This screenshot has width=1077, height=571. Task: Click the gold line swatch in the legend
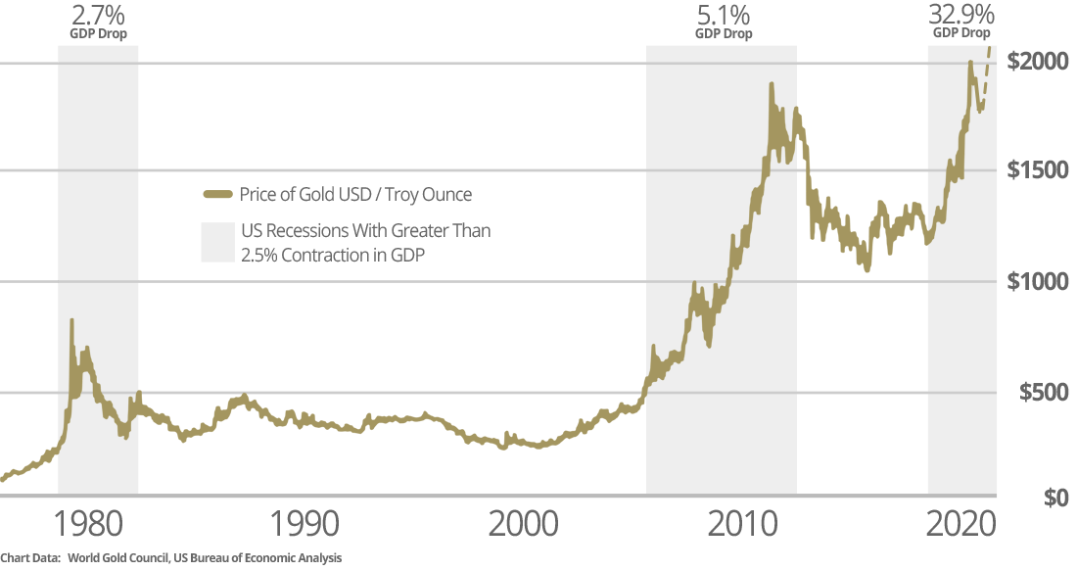[216, 194]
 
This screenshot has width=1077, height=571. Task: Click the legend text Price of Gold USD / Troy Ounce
[355, 194]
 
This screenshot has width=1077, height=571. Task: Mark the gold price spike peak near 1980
[71, 321]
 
